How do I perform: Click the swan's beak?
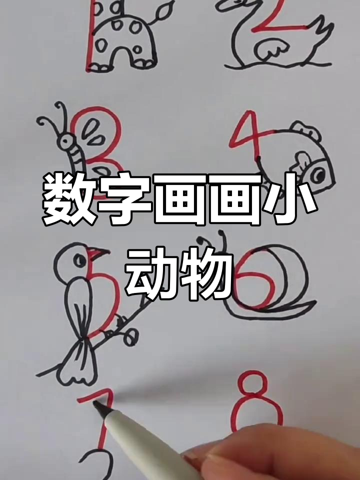[x=224, y=6]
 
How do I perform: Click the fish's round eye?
[x=317, y=174]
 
